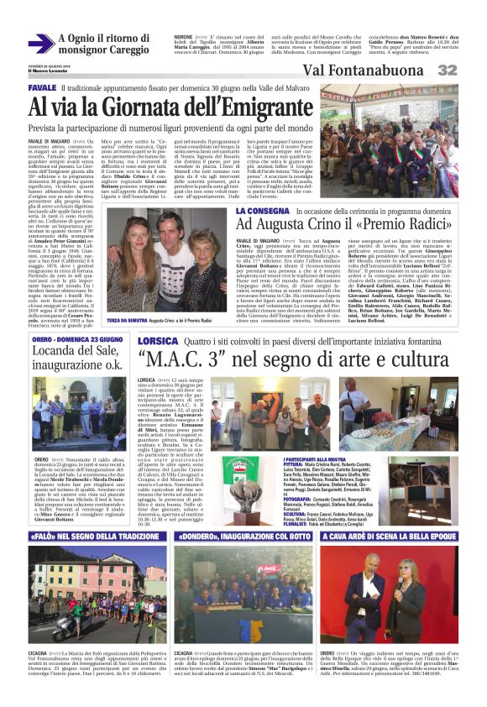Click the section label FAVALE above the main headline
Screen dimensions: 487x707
coord(41,87)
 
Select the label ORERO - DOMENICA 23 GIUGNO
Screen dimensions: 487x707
coord(71,364)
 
